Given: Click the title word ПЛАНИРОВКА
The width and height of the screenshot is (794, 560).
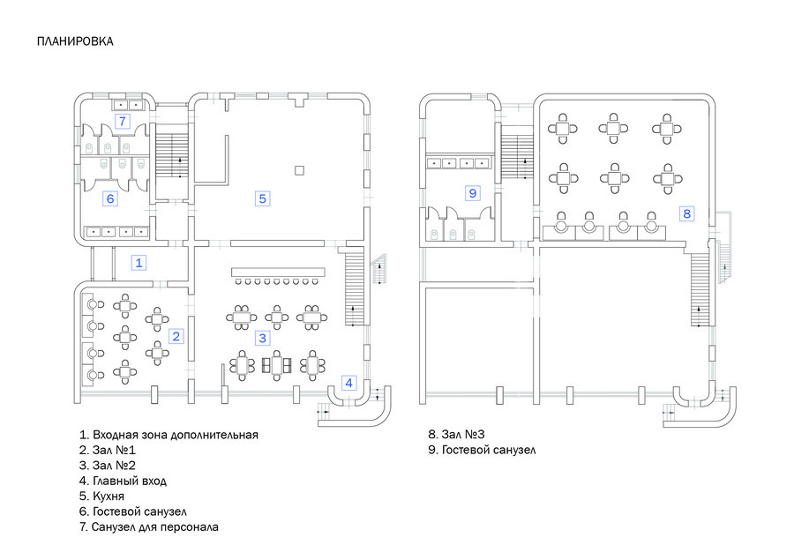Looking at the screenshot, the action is (75, 41).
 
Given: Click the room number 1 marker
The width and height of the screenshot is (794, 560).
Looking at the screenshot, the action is (139, 263).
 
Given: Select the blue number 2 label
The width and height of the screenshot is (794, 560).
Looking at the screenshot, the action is (176, 336).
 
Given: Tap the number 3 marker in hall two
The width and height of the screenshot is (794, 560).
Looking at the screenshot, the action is (262, 338).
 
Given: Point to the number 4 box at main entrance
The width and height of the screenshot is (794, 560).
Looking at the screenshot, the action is (348, 383).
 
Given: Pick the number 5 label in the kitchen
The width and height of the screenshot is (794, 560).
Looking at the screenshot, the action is (262, 198).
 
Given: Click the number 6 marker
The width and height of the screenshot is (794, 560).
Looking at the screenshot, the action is (110, 198).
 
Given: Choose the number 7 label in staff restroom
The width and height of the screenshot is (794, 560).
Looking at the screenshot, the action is (122, 122).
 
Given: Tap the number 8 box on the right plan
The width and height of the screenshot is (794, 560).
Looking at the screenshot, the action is (686, 213).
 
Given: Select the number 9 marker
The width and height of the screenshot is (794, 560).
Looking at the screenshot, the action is (473, 193).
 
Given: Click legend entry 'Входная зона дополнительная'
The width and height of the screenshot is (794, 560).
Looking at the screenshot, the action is (169, 435).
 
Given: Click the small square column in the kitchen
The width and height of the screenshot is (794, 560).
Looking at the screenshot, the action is (300, 170).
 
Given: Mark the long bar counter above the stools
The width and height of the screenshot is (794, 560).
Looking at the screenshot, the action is (278, 272).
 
